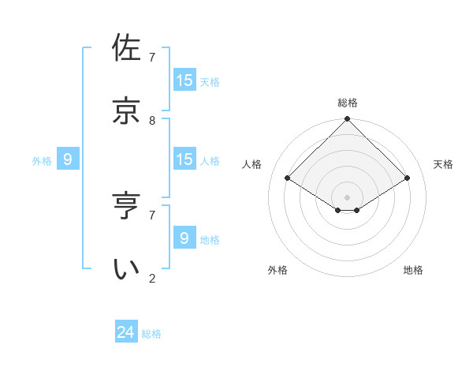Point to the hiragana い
pos(127,268)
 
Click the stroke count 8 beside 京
pos(152,121)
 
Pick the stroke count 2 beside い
pos(152,279)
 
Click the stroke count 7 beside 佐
pos(152,58)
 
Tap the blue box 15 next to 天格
pos(184,80)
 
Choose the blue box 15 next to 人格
pos(184,159)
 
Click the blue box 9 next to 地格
pos(184,238)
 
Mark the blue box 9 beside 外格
pos(68,159)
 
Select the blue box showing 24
pos(126,332)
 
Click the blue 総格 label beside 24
pos(152,334)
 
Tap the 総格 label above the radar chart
pos(348,103)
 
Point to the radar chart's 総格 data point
pos(348,120)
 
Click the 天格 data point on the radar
pos(408,178)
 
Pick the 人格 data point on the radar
pos(288,178)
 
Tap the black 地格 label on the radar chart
pos(413,270)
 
